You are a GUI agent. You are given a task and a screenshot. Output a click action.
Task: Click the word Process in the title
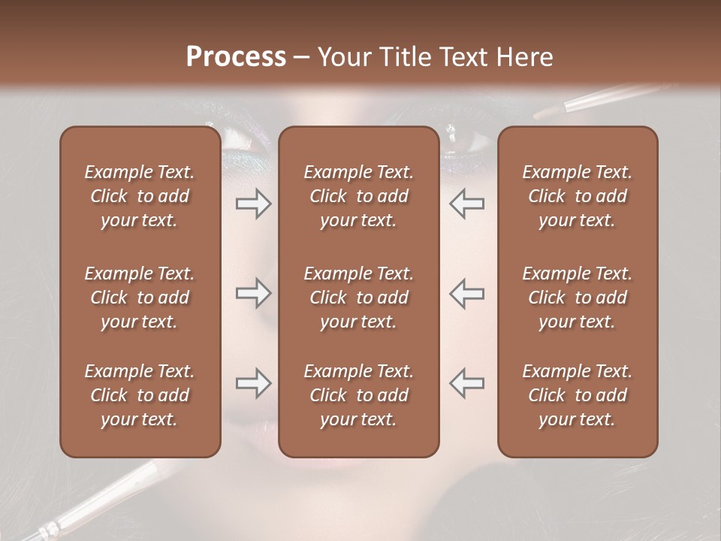pos(236,57)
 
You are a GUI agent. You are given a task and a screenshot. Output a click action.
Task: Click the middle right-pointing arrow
pos(253,293)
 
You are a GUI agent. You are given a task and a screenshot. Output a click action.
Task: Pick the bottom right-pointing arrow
pos(253,383)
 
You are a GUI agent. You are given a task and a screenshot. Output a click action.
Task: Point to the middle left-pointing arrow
pos(467,293)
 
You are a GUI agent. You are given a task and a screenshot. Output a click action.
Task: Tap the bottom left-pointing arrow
pos(467,383)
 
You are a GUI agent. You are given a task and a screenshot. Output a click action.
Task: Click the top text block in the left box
pos(140,196)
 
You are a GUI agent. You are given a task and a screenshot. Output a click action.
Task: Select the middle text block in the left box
pos(140,298)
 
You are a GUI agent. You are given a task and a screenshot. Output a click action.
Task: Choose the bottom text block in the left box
pos(140,395)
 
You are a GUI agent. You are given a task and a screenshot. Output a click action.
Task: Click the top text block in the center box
pos(358,196)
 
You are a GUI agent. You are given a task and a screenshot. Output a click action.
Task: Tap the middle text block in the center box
pos(358,298)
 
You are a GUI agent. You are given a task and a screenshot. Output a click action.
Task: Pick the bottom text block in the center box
pos(358,395)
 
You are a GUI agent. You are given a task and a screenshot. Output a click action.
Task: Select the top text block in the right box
pos(577,196)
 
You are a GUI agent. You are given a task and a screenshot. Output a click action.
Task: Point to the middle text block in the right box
pos(577,298)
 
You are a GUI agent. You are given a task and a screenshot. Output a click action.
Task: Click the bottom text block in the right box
pos(577,395)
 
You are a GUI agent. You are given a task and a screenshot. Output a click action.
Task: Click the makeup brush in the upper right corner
pos(593,101)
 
